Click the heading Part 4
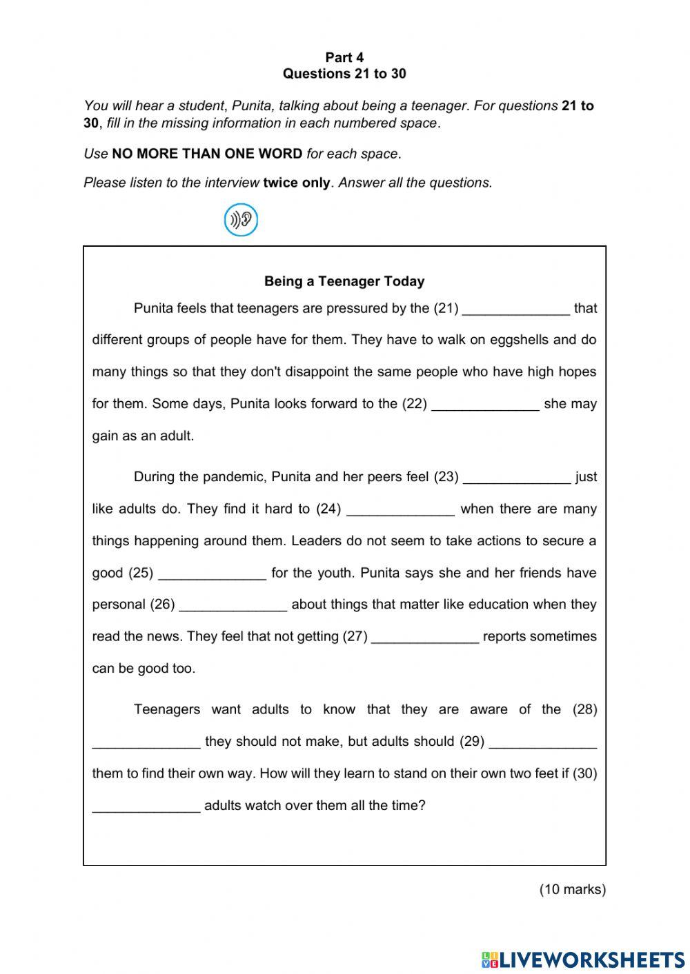point(344,57)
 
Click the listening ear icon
point(241,220)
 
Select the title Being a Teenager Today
point(344,281)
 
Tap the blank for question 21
point(516,309)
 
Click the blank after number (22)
point(485,404)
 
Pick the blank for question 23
point(517,477)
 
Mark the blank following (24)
point(401,509)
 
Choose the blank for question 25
point(213,574)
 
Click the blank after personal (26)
point(233,605)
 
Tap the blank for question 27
point(425,637)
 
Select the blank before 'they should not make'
point(146,742)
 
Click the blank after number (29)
point(542,742)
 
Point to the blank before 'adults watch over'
point(146,806)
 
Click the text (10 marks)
point(572,889)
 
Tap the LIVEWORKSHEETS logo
point(583,959)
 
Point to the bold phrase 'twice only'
point(297,183)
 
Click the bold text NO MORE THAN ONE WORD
point(207,154)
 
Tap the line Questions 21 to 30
point(344,74)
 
